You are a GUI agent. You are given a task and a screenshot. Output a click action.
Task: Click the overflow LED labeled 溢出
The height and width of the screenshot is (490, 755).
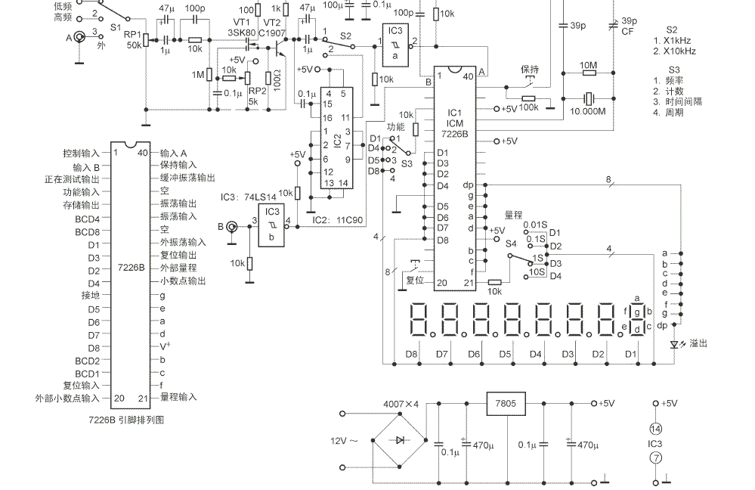pos(675,343)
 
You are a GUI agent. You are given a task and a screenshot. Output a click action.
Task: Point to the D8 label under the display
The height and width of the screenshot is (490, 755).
pos(411,353)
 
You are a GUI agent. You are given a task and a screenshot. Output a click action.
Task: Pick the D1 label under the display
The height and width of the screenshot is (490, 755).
pos(630,353)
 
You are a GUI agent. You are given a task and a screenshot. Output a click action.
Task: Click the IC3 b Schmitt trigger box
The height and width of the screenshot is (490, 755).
pos(271,225)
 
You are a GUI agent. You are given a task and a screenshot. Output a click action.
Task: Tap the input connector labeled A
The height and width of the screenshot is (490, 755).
pos(79,36)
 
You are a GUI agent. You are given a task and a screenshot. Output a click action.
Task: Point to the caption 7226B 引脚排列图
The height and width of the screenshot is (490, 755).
pos(127,418)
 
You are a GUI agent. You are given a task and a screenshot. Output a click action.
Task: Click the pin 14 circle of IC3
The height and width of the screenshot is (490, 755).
pos(656,428)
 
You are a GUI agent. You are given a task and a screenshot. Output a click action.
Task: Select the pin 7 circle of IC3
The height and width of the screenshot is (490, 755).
pos(656,458)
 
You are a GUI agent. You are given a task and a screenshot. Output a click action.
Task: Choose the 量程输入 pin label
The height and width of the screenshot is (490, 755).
pos(178,397)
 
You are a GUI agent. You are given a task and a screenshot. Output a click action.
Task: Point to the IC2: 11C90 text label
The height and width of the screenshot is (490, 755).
pos(339,221)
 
